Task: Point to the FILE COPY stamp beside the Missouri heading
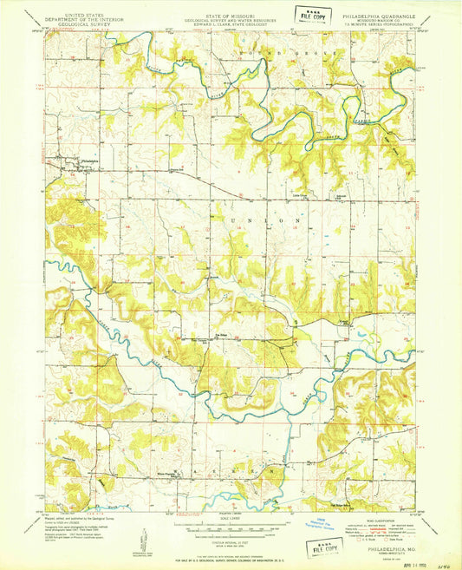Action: pyautogui.click(x=314, y=16)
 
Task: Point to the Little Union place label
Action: pyautogui.click(x=301, y=194)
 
